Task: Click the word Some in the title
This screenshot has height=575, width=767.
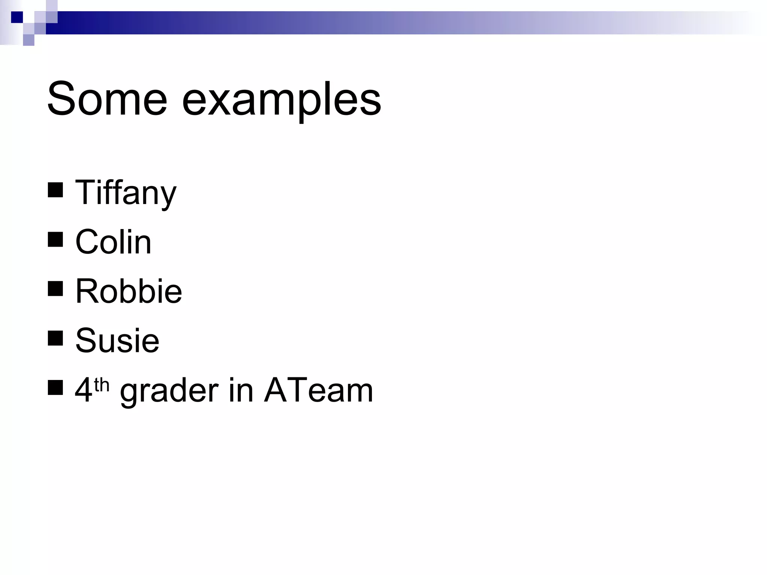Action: click(107, 99)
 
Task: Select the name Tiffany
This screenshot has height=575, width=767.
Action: click(125, 193)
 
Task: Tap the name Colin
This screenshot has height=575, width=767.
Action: click(113, 242)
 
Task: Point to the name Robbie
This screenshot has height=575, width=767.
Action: click(128, 291)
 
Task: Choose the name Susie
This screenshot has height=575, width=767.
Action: click(117, 340)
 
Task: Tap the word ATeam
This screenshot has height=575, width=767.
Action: click(318, 390)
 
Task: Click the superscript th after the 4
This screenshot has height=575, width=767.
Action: click(101, 385)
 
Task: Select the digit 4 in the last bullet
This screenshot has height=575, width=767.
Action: click(84, 390)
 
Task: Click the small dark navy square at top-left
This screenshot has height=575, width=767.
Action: click(17, 17)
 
